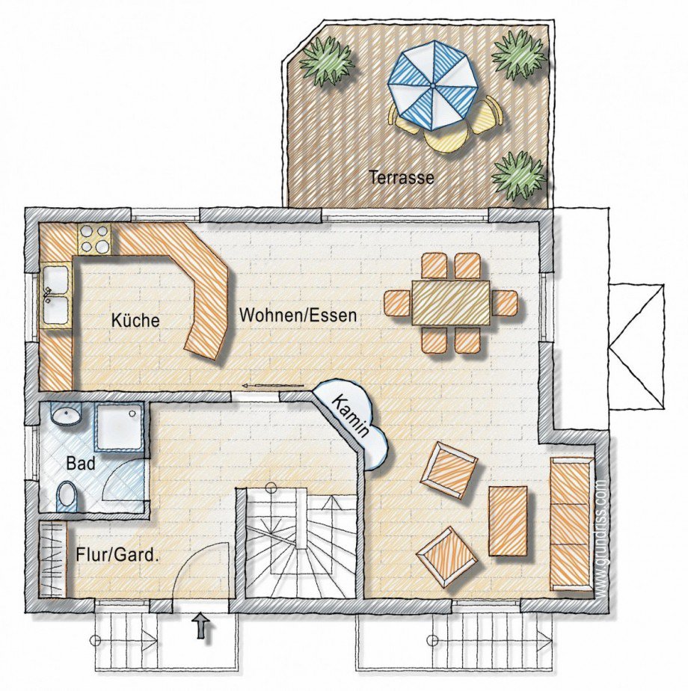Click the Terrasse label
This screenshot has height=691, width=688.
coord(402,177)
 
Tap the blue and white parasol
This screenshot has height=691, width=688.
coord(432,85)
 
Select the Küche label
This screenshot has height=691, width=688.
coord(135,320)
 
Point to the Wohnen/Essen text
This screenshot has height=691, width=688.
coord(298,316)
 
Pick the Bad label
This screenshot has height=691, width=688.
coord(81,464)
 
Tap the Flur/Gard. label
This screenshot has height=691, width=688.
coord(117,554)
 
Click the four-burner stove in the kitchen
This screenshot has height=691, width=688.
coord(95,239)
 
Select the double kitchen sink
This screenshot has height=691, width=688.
coord(56,295)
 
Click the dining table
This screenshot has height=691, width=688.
coord(451,303)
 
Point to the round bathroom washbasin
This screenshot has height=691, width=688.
coord(67,414)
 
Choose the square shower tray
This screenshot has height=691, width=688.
coord(120,426)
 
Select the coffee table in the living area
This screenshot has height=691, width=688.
coord(509,521)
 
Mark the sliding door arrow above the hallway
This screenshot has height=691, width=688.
coord(273,387)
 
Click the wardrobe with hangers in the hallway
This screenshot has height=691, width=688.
coord(52,559)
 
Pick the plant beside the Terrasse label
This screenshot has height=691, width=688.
coord(519,176)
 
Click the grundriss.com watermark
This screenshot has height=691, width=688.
coord(602,538)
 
